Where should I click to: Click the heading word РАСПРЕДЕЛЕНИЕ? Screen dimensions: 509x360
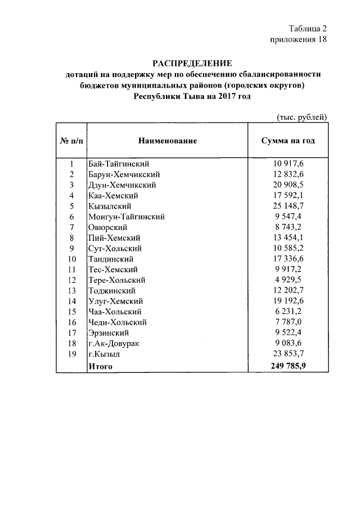point(192,63)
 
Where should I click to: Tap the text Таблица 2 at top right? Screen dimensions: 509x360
point(307,29)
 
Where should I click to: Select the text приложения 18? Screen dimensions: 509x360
point(298,39)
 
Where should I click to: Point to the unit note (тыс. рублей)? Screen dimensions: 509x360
point(301,117)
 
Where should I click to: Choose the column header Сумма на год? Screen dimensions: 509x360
point(287,141)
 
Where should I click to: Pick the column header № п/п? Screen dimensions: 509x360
point(71,141)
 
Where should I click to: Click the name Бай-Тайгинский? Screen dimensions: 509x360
point(118,164)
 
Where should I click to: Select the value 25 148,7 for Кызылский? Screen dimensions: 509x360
point(287,206)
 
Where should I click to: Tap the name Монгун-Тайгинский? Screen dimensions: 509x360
point(126,217)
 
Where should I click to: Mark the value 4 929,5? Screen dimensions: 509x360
point(287,280)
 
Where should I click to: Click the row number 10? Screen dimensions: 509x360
point(71,259)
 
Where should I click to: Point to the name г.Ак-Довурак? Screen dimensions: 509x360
point(116,343)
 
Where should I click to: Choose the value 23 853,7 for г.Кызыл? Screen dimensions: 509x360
point(287,354)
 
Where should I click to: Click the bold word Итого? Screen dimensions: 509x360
point(101,366)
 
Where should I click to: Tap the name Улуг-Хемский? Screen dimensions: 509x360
point(115,301)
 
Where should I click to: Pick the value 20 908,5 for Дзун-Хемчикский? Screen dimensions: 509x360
point(287,184)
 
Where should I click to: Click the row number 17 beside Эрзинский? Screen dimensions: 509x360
point(71,332)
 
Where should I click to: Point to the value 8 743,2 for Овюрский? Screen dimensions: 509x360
point(287,227)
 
